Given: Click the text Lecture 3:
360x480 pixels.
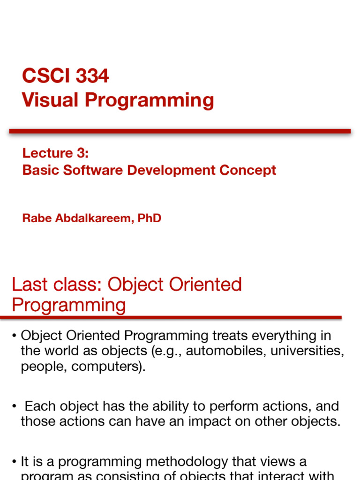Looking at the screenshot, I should pyautogui.click(x=55, y=153).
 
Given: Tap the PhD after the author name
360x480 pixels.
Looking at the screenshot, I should pyautogui.click(x=150, y=218).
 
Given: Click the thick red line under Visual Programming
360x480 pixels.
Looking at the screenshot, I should pyautogui.click(x=180, y=131).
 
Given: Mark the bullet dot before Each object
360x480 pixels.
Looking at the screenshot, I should pyautogui.click(x=15, y=406).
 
